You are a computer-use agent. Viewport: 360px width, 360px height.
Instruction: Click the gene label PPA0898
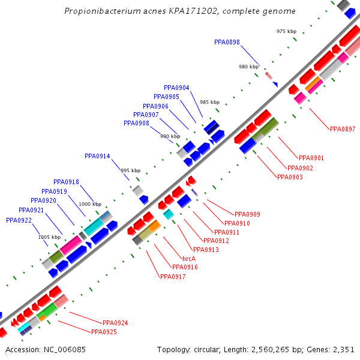227,42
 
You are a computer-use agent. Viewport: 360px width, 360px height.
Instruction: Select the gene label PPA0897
343,129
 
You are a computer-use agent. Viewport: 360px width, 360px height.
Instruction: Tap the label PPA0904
176,88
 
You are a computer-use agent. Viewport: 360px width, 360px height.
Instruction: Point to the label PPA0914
97,156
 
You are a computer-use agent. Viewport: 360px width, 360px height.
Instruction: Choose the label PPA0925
104,332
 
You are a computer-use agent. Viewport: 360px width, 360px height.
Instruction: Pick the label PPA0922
19,220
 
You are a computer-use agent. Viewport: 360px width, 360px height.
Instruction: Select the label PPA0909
247,214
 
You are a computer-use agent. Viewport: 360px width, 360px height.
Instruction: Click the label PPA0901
311,158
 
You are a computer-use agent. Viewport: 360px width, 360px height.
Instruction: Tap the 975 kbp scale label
286,31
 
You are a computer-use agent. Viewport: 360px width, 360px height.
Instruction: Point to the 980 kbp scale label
248,67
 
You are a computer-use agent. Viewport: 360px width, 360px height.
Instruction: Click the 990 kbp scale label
170,136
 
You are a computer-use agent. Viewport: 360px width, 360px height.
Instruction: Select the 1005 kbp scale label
49,237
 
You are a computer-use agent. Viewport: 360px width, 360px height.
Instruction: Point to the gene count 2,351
344,349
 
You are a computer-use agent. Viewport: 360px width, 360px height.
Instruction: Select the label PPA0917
173,277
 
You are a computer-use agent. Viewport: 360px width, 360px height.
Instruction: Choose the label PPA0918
66,182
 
